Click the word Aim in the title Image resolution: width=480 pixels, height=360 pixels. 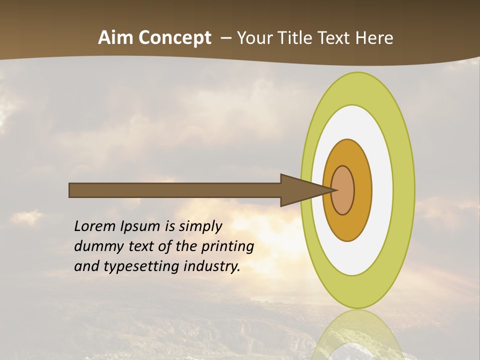point(114,38)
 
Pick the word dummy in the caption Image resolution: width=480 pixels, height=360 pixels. point(95,246)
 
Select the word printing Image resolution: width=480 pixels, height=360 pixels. point(227,246)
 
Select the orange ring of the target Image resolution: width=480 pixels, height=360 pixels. point(362,190)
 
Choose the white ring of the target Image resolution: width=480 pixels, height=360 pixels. point(382,190)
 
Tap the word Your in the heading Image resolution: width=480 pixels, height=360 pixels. point(251,38)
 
